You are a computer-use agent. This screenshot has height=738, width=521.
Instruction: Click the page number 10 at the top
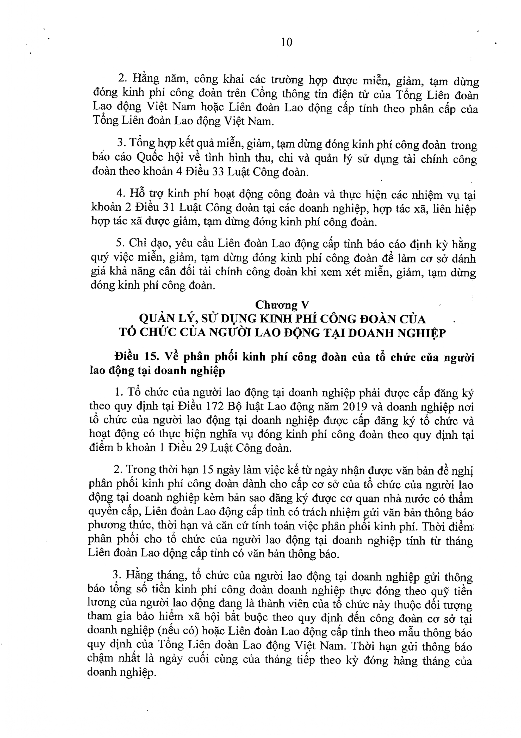pyautogui.click(x=286, y=42)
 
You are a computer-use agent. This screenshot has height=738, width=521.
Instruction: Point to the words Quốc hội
pyautogui.click(x=162, y=159)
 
